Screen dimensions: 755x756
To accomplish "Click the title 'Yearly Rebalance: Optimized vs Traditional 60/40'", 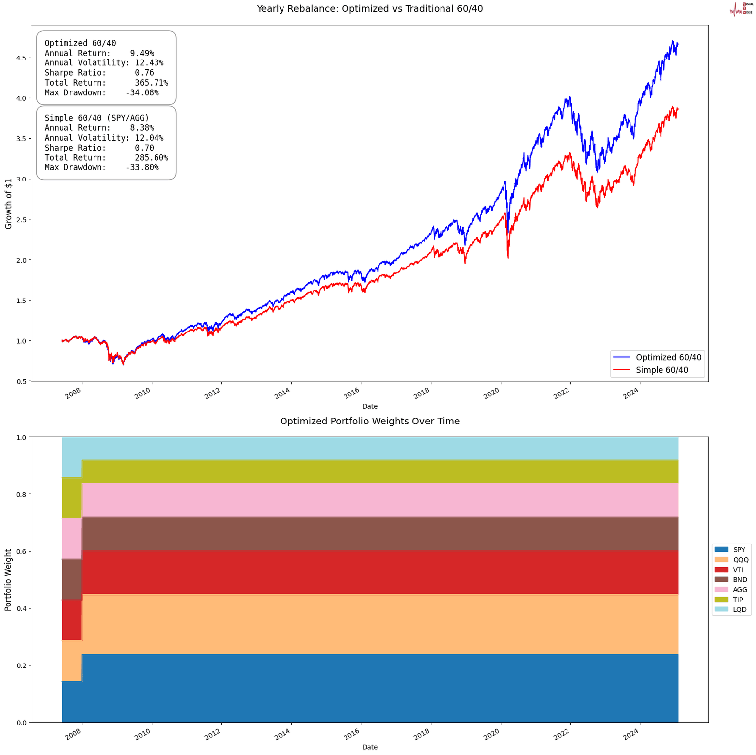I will point(370,8).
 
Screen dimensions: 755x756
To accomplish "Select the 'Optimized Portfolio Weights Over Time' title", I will point(370,421).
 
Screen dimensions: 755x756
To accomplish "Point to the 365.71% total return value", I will point(151,83).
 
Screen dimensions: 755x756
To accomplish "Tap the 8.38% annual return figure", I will point(142,128).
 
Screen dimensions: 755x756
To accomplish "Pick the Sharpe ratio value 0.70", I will point(144,148).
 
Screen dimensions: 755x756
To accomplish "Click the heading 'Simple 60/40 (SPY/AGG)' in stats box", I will point(96,118).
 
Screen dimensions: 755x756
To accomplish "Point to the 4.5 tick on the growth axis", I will point(20,58).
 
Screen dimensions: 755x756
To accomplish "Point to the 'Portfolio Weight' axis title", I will point(9,579).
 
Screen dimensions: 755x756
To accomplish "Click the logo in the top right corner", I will point(740,9).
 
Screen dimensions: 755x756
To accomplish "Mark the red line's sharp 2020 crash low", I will point(508,258).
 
